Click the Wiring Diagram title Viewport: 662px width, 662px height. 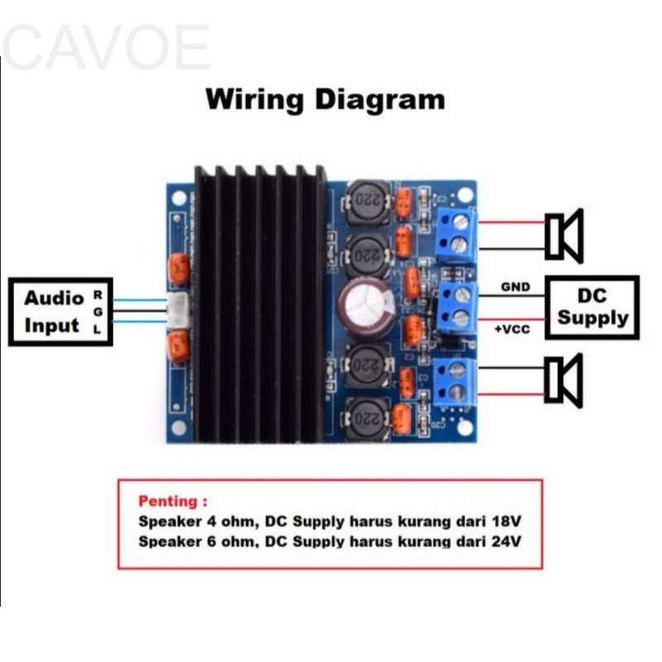(x=325, y=99)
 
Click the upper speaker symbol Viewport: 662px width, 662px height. (x=564, y=236)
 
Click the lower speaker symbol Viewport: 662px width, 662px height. (x=564, y=381)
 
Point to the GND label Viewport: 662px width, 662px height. (x=514, y=287)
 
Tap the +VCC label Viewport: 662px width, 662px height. (x=512, y=329)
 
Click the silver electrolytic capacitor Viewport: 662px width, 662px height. (x=364, y=308)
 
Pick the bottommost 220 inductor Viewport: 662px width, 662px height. (x=367, y=419)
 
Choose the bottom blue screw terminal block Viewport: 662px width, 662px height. (x=455, y=381)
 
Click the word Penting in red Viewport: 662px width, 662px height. (x=168, y=501)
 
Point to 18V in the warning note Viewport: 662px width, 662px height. (x=505, y=522)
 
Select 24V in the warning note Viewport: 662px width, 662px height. (x=505, y=543)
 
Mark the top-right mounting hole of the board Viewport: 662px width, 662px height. (x=464, y=194)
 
